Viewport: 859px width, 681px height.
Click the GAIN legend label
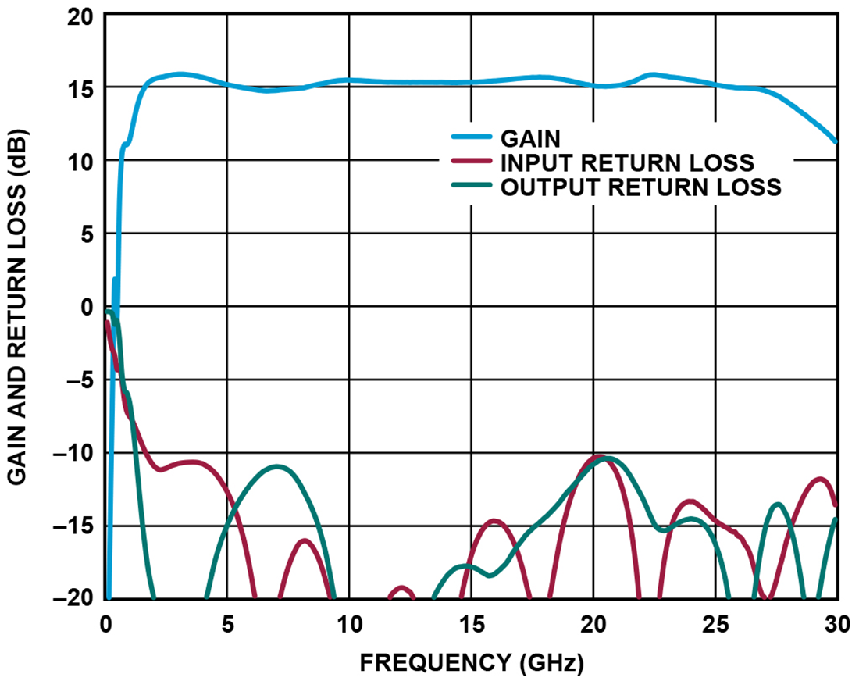tap(530, 138)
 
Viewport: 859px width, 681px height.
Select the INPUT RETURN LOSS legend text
tap(627, 162)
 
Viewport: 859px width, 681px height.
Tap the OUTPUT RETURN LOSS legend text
tap(640, 187)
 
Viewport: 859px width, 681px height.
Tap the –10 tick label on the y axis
tap(72, 453)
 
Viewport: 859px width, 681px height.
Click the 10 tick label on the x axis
tap(349, 624)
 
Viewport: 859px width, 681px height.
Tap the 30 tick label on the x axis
tap(835, 624)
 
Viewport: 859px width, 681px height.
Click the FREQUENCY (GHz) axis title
tap(471, 663)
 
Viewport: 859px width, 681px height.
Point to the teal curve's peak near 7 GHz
tap(277, 466)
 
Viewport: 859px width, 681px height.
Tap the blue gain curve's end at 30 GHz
tap(836, 141)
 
